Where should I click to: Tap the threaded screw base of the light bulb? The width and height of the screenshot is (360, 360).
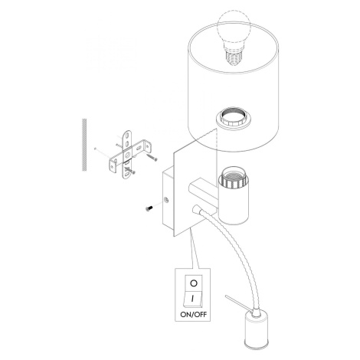click(234, 58)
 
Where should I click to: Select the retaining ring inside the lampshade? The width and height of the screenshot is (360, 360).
click(233, 118)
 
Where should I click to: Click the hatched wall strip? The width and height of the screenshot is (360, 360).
click(84, 145)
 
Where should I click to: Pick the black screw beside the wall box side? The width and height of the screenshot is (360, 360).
click(149, 208)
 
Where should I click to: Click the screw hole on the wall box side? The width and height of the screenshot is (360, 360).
click(166, 200)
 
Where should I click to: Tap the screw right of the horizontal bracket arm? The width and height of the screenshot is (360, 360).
click(152, 157)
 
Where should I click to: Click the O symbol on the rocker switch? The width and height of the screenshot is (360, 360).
click(194, 283)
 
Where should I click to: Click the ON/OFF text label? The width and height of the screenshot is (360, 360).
click(194, 314)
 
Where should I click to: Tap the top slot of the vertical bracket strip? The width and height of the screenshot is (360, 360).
click(128, 136)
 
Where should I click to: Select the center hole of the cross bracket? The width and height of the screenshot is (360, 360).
click(127, 154)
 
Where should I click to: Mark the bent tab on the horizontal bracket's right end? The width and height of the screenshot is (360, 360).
click(148, 146)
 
